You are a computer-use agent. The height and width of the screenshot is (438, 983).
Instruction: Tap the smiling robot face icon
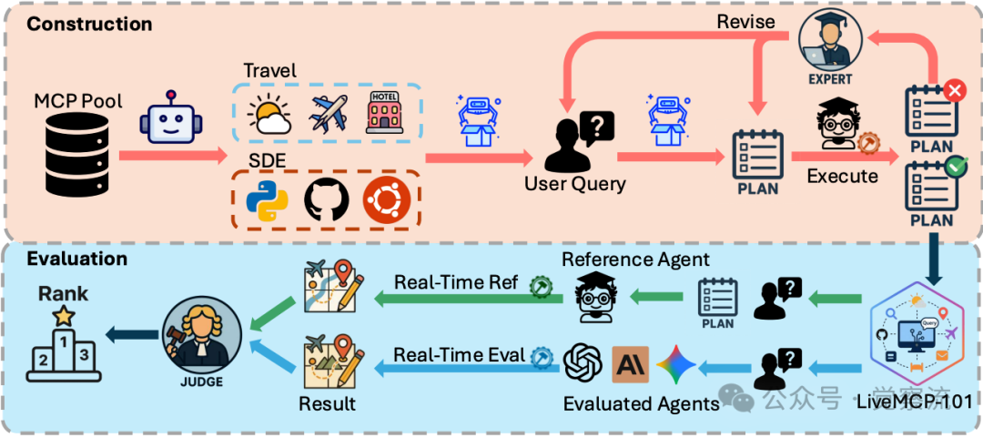[x=171, y=117]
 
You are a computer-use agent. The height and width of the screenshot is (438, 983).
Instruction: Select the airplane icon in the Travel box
[x=329, y=114]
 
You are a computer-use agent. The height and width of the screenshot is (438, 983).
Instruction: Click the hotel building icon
[x=385, y=114]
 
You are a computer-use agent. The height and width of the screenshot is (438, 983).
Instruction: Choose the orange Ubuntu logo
[x=386, y=198]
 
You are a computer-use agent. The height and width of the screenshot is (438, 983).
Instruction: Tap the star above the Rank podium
[x=63, y=315]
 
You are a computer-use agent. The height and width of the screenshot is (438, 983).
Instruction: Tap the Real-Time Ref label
[x=456, y=282]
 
